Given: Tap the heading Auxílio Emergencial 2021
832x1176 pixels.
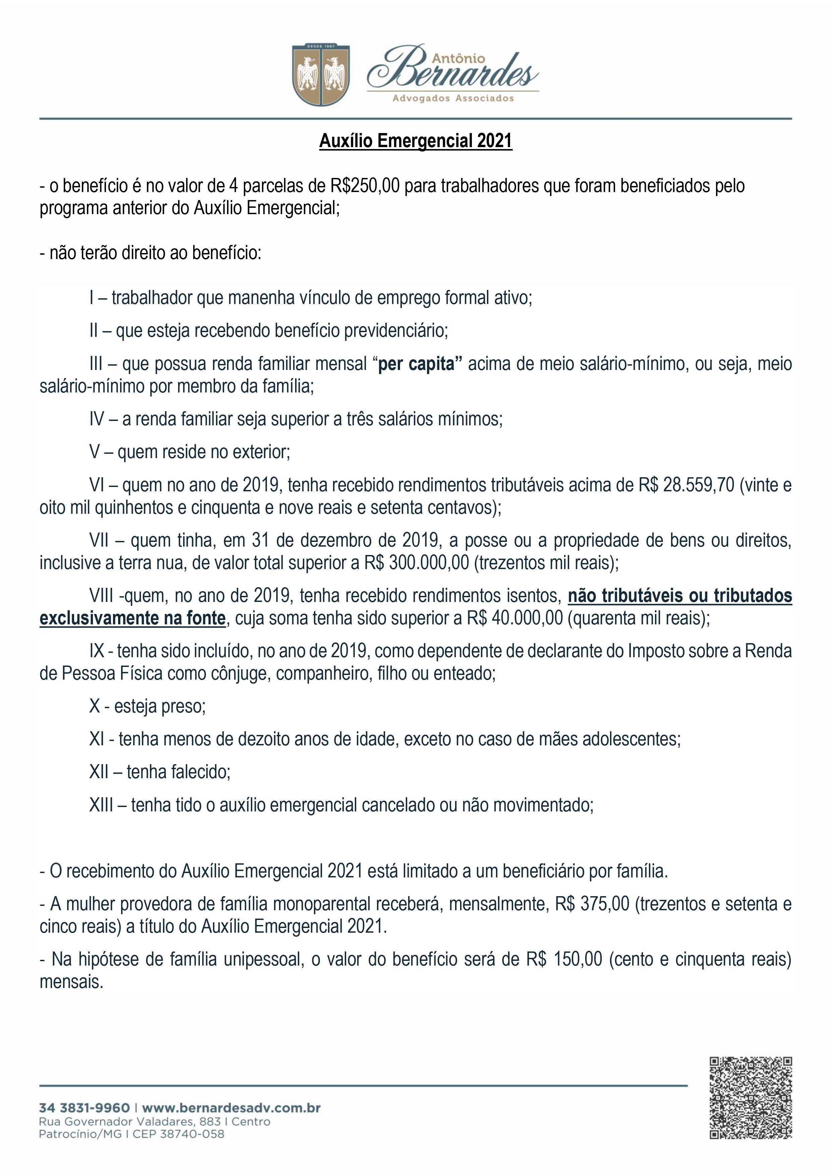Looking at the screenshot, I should pyautogui.click(x=416, y=141).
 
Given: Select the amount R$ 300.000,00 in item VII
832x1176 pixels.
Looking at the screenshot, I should pyautogui.click(x=417, y=563).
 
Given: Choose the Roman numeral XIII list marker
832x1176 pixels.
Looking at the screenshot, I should pyautogui.click(x=101, y=805).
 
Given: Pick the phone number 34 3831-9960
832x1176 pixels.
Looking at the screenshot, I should pyautogui.click(x=84, y=1108).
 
